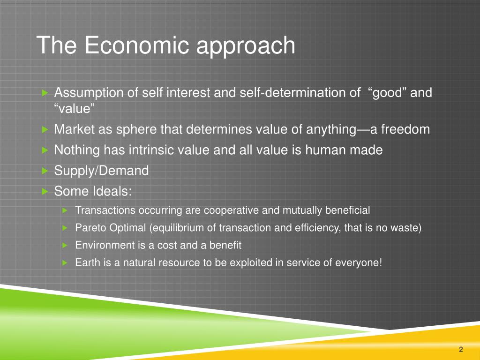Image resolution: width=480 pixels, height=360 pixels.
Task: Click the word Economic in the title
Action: point(137,45)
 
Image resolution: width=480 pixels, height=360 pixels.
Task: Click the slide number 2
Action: point(461,349)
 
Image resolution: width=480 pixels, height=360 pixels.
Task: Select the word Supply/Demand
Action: point(101,171)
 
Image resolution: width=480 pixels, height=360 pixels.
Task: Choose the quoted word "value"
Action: point(75,109)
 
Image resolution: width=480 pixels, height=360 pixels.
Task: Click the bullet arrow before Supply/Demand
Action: point(45,171)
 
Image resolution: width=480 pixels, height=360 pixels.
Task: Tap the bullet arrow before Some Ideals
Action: point(45,191)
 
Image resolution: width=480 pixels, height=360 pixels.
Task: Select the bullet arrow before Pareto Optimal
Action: point(64,228)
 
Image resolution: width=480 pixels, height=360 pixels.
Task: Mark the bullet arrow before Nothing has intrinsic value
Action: point(45,150)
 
